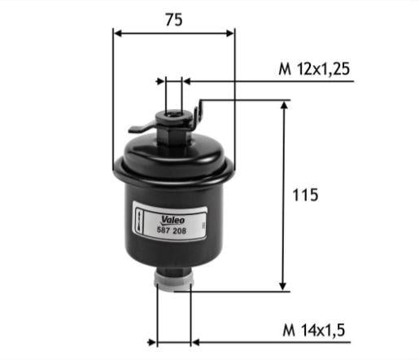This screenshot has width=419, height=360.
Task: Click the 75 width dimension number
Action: (x=174, y=20)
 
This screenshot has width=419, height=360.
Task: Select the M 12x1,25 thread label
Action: (x=314, y=69)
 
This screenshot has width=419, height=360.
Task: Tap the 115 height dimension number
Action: (x=305, y=195)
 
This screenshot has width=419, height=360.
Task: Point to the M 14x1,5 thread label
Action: (x=313, y=330)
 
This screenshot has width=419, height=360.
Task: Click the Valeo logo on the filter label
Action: (x=172, y=220)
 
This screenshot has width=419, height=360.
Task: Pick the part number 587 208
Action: (x=172, y=230)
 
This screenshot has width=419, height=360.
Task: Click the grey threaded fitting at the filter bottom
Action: (x=174, y=283)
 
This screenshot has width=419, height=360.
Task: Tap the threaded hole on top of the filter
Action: (x=172, y=114)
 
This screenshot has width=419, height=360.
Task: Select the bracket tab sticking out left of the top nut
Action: (x=141, y=128)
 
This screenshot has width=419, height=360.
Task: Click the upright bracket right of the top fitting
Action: (x=199, y=114)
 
